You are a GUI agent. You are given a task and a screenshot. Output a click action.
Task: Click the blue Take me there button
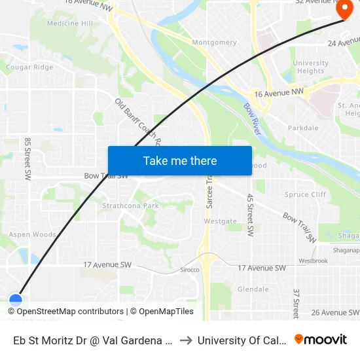click(x=179, y=160)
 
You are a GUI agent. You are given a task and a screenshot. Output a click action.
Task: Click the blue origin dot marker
click(x=16, y=300)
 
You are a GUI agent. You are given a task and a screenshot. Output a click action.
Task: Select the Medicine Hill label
click(x=70, y=24)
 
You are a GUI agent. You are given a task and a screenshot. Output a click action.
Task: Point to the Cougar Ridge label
click(x=29, y=67)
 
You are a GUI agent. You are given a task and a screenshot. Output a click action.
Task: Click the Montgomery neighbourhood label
click(x=215, y=43)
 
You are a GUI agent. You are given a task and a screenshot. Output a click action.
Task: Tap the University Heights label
click(x=310, y=67)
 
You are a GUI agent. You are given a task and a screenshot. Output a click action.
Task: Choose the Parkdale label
click(x=302, y=128)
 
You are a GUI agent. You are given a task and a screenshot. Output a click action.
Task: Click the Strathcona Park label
click(x=130, y=206)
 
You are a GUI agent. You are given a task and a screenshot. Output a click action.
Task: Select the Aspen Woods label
click(x=33, y=234)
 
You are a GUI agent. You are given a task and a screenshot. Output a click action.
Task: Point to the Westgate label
click(x=220, y=221)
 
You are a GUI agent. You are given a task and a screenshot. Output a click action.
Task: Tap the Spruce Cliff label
click(x=305, y=194)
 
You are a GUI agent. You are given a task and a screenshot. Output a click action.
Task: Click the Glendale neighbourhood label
click(x=253, y=289)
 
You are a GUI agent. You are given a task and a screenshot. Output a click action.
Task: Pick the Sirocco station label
click(x=189, y=270)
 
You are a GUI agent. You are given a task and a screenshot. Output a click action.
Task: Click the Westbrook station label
click(x=312, y=261)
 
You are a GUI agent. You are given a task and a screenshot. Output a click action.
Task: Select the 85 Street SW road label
click(x=27, y=159)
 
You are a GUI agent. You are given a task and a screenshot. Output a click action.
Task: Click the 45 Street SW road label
click(x=250, y=215)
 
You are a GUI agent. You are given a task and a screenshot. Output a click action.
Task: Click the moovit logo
click(x=321, y=340)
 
